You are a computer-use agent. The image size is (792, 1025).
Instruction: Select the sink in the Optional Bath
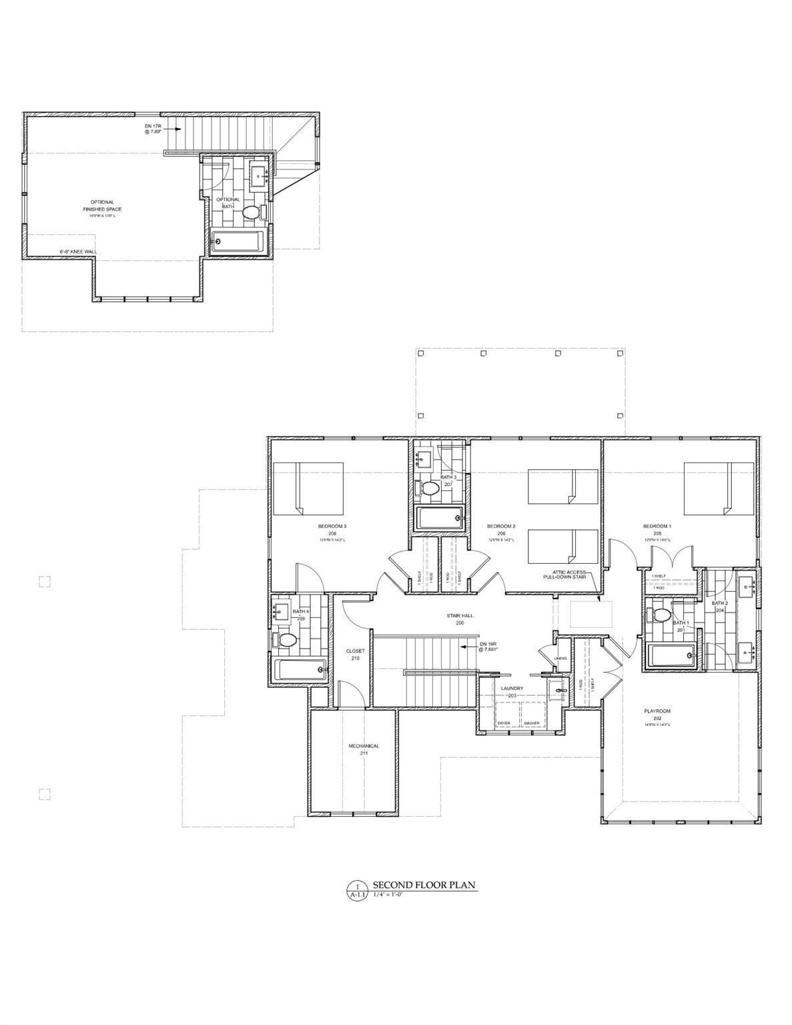click(x=258, y=174)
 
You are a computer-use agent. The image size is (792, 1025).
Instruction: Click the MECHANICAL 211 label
click(x=364, y=749)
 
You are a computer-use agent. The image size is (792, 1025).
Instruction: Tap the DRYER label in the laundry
click(x=504, y=723)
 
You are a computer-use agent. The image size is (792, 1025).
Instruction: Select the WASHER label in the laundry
click(x=532, y=723)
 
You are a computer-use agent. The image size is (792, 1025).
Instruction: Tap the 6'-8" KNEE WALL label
click(x=78, y=252)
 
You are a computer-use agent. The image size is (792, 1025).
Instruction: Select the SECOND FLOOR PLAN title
click(x=424, y=886)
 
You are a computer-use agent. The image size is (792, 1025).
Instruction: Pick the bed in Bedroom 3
click(x=308, y=488)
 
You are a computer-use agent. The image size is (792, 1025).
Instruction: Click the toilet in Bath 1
click(x=661, y=615)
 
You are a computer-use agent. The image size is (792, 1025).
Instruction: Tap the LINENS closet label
click(x=560, y=658)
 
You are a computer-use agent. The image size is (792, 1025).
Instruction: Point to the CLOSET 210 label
click(x=355, y=654)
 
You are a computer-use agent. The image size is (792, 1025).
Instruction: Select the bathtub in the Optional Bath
click(x=238, y=242)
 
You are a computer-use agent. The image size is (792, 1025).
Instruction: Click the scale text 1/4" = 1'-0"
click(x=388, y=894)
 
